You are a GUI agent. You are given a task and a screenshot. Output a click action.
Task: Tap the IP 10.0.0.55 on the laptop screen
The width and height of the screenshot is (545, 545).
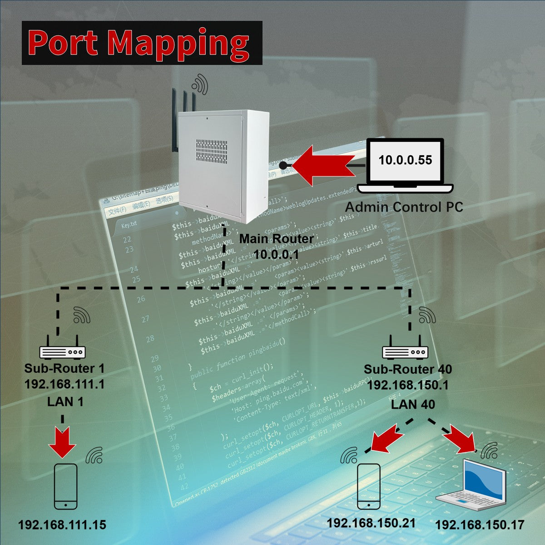405,160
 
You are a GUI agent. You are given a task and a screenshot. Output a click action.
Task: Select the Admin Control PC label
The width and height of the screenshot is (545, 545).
404,207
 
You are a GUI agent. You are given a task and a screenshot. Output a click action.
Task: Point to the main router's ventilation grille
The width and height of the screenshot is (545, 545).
212,151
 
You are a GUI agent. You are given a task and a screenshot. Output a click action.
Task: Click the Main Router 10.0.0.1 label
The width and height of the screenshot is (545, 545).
276,246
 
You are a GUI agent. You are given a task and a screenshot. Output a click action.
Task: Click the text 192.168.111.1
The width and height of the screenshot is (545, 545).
64,384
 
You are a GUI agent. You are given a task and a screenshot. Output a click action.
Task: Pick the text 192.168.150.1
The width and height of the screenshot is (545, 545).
408,385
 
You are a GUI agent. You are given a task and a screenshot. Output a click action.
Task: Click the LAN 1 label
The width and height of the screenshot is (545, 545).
65,402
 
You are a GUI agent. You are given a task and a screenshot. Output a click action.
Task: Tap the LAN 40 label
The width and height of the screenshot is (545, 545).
413,404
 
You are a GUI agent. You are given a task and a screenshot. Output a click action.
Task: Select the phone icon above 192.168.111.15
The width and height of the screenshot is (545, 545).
65,486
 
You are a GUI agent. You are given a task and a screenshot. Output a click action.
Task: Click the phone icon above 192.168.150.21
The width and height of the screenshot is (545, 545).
368,486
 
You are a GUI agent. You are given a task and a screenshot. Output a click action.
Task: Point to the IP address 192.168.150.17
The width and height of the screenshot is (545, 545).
480,525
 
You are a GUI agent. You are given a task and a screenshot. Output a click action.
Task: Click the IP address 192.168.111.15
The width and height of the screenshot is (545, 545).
62,525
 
